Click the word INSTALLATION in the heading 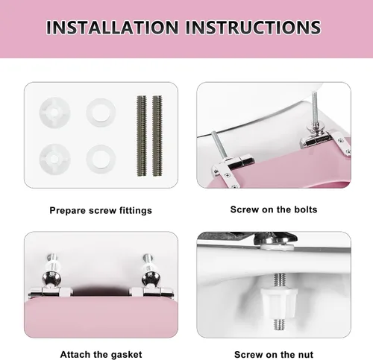point(112,27)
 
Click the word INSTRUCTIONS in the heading point(253,27)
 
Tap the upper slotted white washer point(54,113)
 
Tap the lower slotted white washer point(54,160)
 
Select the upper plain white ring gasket point(101,113)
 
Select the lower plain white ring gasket point(101,160)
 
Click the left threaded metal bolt point(142,136)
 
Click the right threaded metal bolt point(157,136)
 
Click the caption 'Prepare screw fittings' point(101,210)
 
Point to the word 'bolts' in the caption point(306,209)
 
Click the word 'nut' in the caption point(306,354)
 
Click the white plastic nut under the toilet point(280,303)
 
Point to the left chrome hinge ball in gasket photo point(51,279)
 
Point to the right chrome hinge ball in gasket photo point(151,279)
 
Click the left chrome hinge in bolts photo point(233,165)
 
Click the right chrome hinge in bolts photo point(323,140)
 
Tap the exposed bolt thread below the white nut point(280,324)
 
